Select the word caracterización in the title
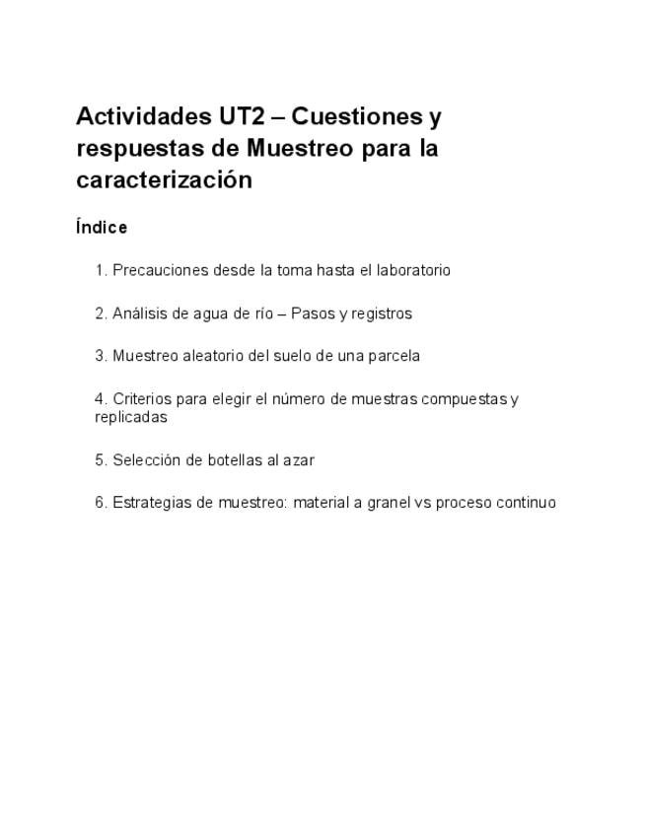click(x=165, y=180)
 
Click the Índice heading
click(x=102, y=228)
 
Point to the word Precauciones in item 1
click(x=154, y=270)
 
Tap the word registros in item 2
click(x=381, y=313)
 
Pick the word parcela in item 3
click(x=395, y=356)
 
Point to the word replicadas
click(x=131, y=417)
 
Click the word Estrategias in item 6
click(x=149, y=503)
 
